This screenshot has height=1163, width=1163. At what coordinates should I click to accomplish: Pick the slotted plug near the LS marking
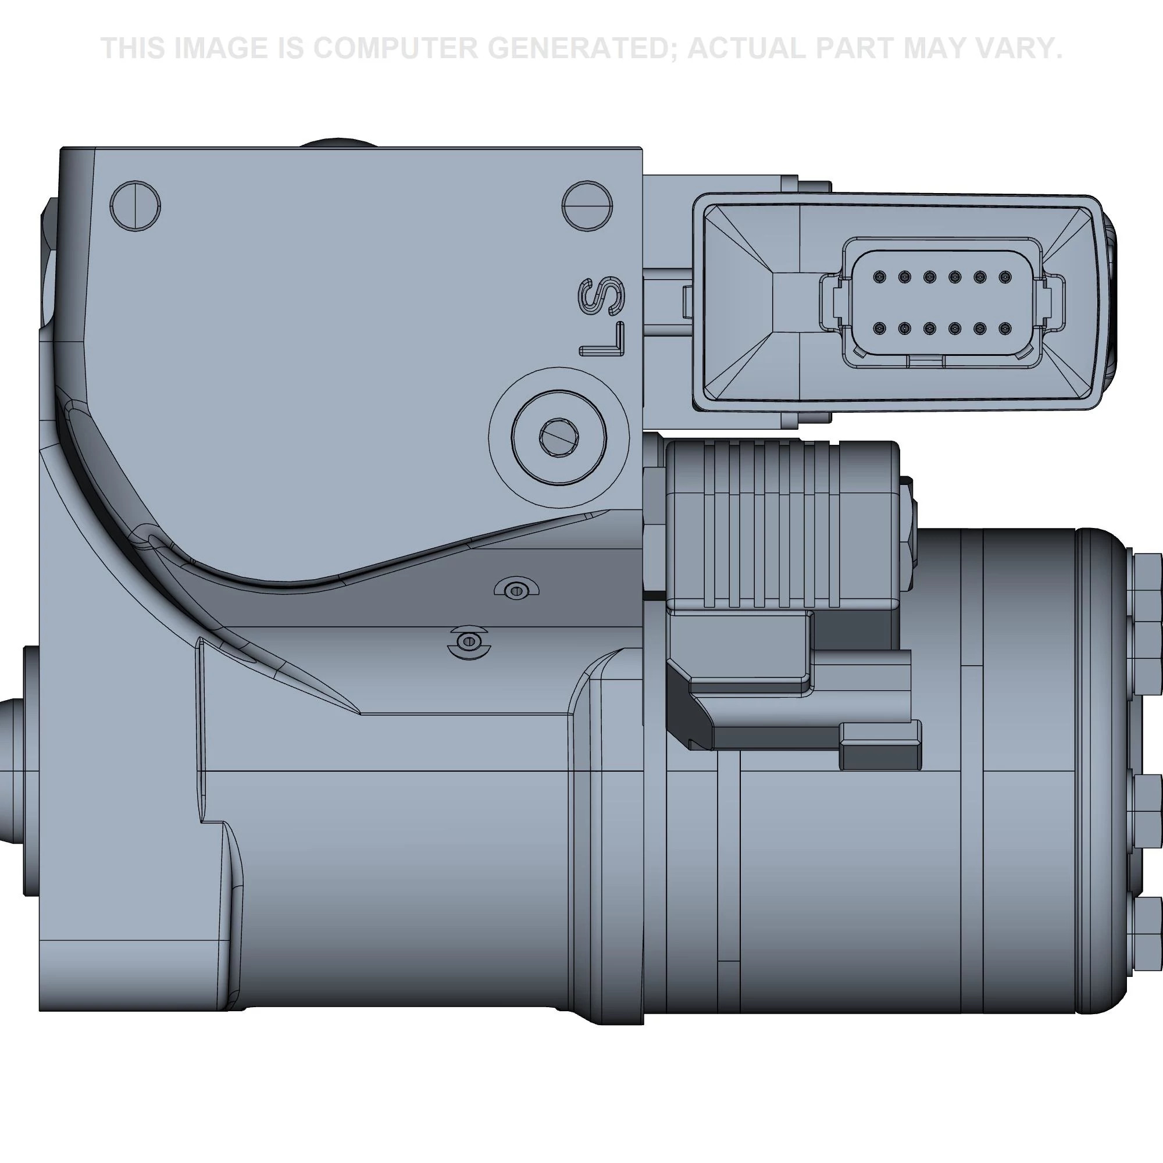(587, 205)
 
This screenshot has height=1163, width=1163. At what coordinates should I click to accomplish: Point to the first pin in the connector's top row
(879, 277)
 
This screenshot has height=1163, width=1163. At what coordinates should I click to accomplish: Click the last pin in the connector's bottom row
(1004, 329)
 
